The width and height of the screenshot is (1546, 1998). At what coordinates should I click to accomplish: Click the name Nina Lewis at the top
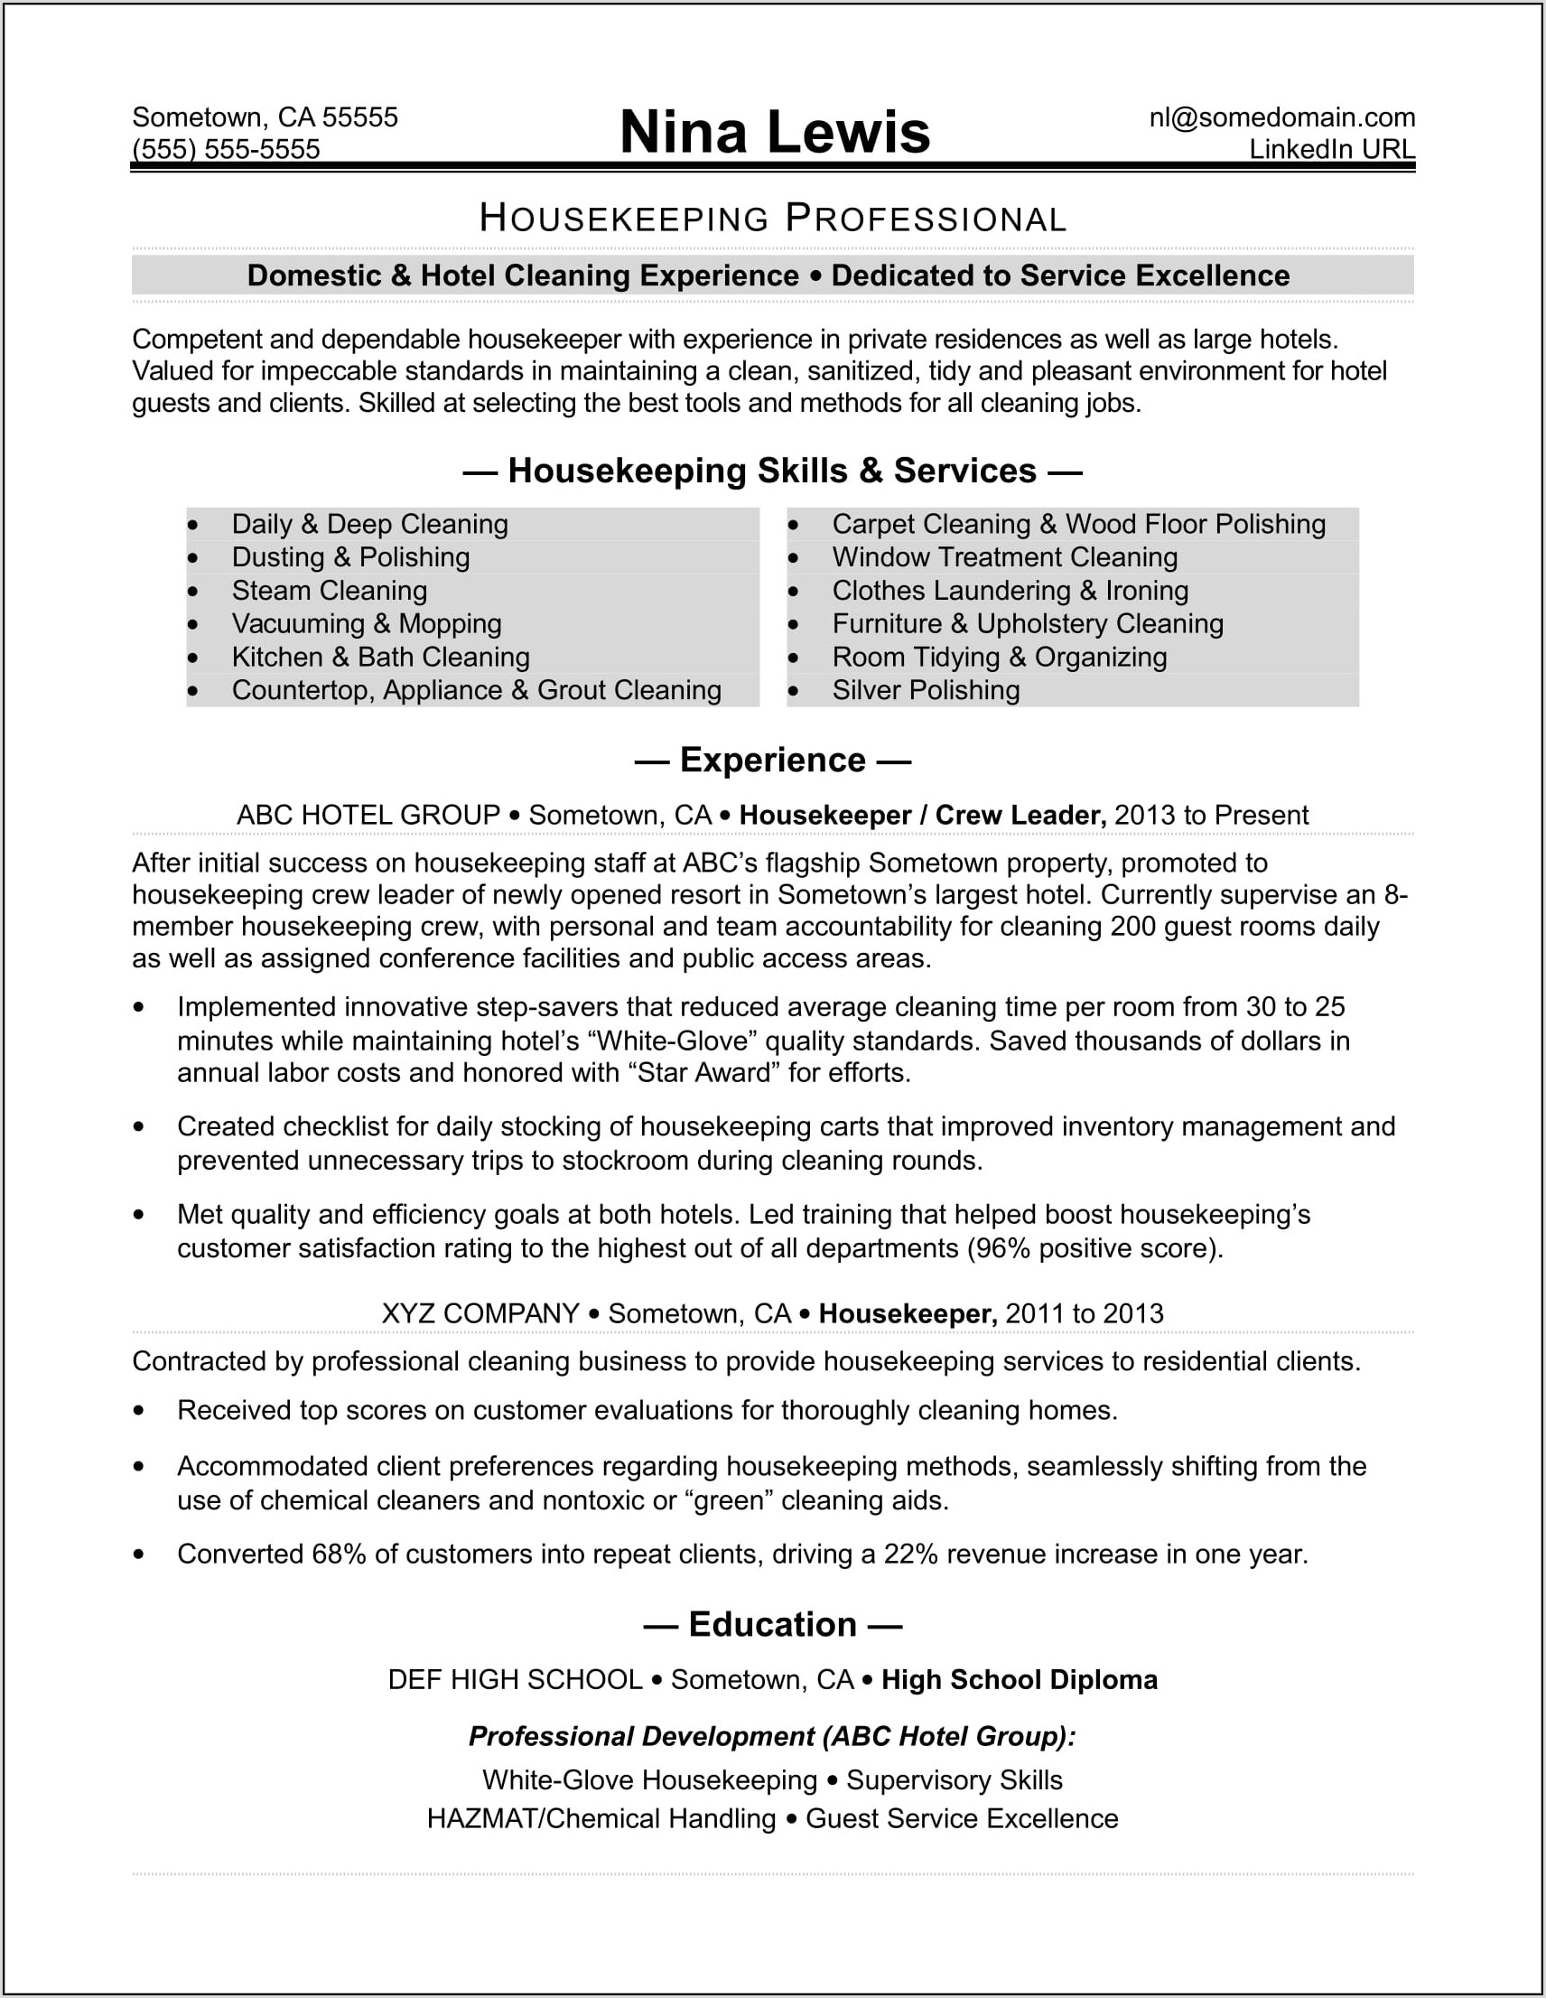click(x=774, y=132)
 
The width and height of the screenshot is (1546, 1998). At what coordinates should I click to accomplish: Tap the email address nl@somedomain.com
click(x=1281, y=117)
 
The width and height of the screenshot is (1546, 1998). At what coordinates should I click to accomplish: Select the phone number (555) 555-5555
click(x=226, y=149)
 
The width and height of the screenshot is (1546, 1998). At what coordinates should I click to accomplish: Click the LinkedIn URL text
click(x=1331, y=149)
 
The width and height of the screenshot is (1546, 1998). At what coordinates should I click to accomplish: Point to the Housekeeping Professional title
click(x=773, y=219)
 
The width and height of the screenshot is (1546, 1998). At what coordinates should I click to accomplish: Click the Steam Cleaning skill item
click(x=330, y=591)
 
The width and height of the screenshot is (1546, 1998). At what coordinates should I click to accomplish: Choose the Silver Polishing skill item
click(x=926, y=691)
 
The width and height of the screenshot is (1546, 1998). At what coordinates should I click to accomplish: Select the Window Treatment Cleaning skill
click(x=1004, y=557)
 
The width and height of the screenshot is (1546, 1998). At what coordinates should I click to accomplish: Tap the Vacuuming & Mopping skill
click(x=366, y=624)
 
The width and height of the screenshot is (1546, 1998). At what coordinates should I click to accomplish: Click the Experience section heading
click(x=773, y=761)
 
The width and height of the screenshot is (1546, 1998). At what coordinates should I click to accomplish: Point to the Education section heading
click(x=773, y=1625)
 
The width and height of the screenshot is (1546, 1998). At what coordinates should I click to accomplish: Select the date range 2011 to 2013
click(x=1084, y=1313)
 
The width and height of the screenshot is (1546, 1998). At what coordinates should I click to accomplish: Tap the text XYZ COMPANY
click(x=480, y=1313)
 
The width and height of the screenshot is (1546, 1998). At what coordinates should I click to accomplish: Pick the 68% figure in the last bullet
click(x=339, y=1555)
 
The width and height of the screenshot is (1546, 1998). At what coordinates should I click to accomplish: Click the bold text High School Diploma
click(x=1020, y=1681)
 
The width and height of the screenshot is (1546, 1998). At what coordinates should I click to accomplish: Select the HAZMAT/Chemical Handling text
click(x=601, y=1818)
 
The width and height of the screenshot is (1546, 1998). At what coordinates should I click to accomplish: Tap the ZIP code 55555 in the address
click(x=359, y=117)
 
